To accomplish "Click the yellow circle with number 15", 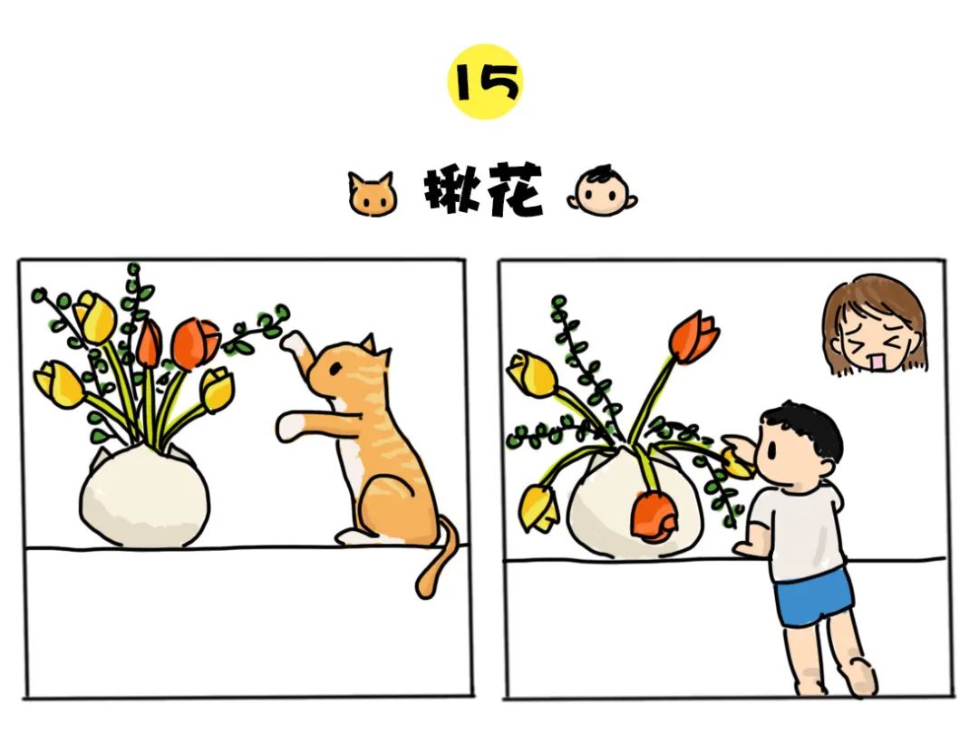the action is point(485,82).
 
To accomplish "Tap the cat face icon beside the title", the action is point(373,195).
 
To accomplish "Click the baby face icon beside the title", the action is point(603,191).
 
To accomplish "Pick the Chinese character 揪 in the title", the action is point(452,190).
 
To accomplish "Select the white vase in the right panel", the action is point(634,506).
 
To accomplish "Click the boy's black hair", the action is point(806,428).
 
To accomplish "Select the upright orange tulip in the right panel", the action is point(694,337).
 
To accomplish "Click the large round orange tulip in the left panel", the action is point(196,343).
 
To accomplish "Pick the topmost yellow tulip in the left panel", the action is point(95,317).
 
